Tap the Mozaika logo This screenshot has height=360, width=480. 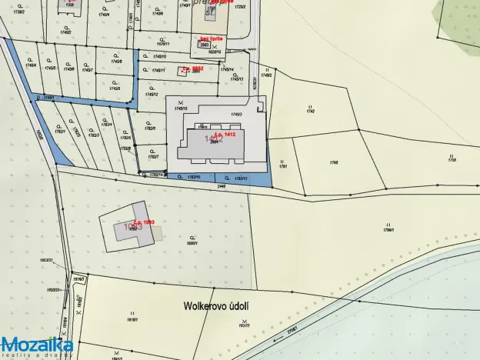pos(37,345)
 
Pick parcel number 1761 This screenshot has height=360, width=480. pos(283,165)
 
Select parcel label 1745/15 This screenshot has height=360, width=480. pos(182,108)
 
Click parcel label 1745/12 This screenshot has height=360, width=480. pos(161,95)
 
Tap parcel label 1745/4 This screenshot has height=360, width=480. pos(31,67)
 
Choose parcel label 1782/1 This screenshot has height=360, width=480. pos(59,132)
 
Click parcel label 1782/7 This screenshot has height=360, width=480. pos(154,157)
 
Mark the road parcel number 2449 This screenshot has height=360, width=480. pos(222,186)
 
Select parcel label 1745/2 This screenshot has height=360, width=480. pos(267,75)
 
